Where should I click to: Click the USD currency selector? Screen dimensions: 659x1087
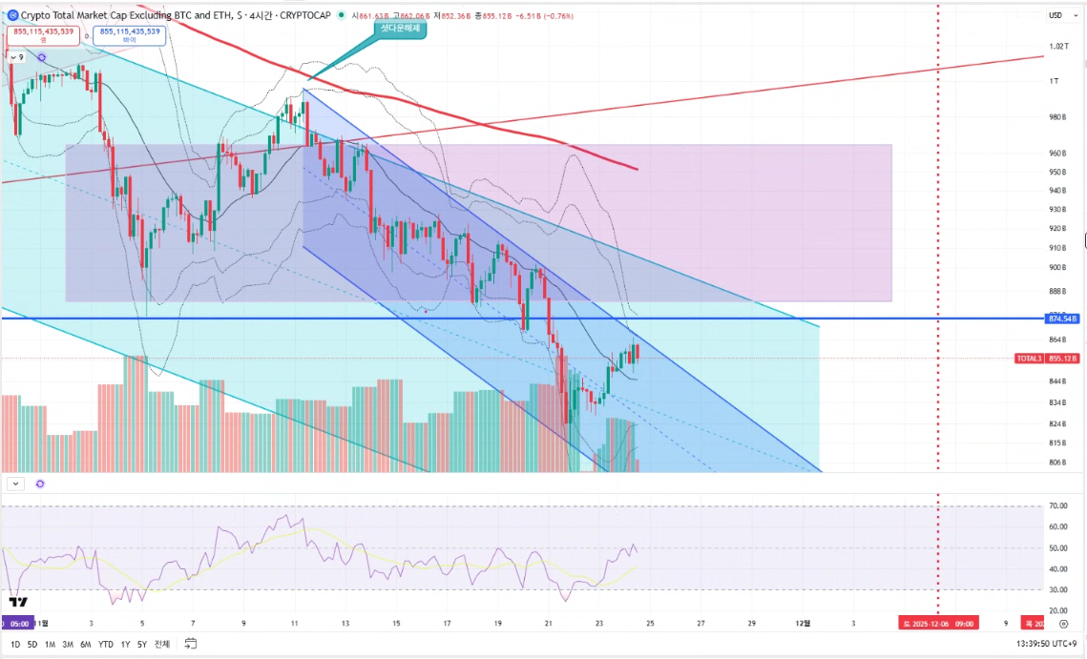(x=1056, y=14)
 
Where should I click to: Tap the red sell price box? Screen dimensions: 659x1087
(x=46, y=35)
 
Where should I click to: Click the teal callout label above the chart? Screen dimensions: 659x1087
(x=400, y=29)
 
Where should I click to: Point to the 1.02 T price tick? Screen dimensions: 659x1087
(x=1056, y=46)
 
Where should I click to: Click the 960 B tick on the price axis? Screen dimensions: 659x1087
(x=1056, y=153)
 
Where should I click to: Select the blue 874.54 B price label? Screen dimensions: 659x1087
(x=1062, y=318)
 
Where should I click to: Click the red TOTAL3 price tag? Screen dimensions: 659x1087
(x=1046, y=359)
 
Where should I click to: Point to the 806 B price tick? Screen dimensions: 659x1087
(x=1056, y=463)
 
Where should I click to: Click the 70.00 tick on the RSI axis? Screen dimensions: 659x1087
(x=1056, y=506)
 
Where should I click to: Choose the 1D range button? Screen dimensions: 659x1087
(x=15, y=644)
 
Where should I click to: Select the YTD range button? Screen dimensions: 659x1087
(x=106, y=644)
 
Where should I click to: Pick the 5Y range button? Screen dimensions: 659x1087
(x=142, y=644)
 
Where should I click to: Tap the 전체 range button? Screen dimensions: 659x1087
(x=163, y=644)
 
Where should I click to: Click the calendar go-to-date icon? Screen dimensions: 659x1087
(x=191, y=644)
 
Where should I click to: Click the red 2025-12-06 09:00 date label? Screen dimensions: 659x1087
(x=938, y=623)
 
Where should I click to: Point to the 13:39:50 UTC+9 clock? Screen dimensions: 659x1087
(x=1046, y=644)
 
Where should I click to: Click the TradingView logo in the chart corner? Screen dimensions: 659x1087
(x=17, y=602)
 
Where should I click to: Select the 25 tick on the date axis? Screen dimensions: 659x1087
(x=649, y=623)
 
